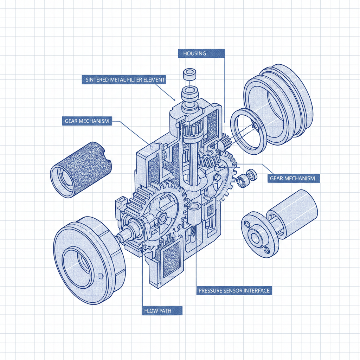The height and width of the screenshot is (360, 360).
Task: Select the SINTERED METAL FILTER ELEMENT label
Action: pos(125,80)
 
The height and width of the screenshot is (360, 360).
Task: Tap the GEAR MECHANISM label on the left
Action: pos(86,121)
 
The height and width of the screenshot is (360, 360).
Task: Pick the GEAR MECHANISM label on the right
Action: pos(292,178)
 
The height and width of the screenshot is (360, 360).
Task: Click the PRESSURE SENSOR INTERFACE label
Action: pos(234,291)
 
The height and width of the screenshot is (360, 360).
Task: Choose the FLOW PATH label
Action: pos(158,311)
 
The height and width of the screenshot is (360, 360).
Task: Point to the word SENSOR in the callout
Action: pos(232,291)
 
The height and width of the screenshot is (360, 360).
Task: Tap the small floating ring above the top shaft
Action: pos(189,75)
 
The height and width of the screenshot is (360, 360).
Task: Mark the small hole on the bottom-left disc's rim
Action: pos(101,275)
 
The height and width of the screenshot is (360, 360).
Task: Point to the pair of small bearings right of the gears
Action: pos(246,178)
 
